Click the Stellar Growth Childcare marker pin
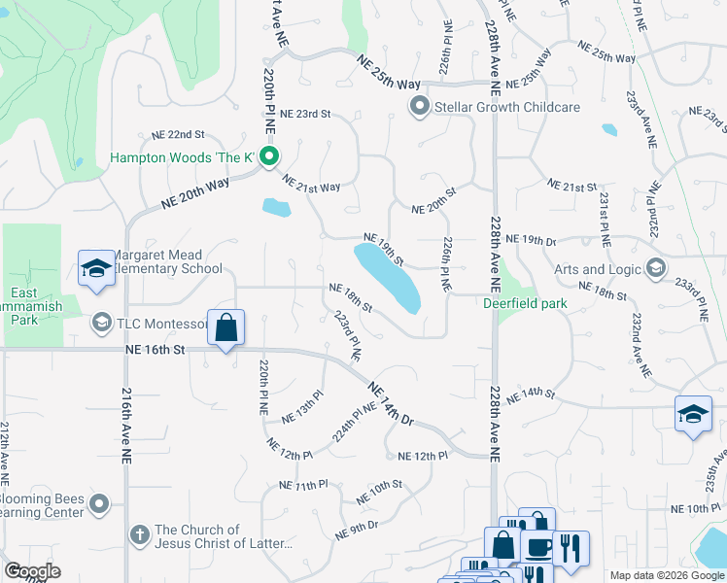coord(420,106)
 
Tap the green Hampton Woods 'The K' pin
coord(271,156)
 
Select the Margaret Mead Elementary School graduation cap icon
coord(96,269)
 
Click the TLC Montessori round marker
coord(101,322)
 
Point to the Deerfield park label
coord(525,303)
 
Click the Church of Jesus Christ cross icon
coord(140,535)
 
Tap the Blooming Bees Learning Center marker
coord(98,502)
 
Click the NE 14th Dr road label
coord(392,404)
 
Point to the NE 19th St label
coord(384,249)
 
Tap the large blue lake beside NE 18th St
coord(388,277)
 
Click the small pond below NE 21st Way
coord(276,207)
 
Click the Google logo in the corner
coord(32,571)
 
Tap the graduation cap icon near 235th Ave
coord(692,413)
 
